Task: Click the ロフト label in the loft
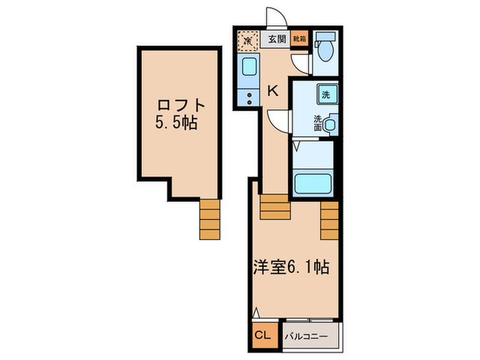pos(181,106)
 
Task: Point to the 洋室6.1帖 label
pos(292,265)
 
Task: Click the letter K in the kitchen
pos(272,90)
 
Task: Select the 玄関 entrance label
pos(276,39)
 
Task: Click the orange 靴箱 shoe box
pos(300,39)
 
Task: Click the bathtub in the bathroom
pos(313,183)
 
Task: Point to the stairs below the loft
pos(210,219)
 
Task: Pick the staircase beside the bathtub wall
pos(330,220)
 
